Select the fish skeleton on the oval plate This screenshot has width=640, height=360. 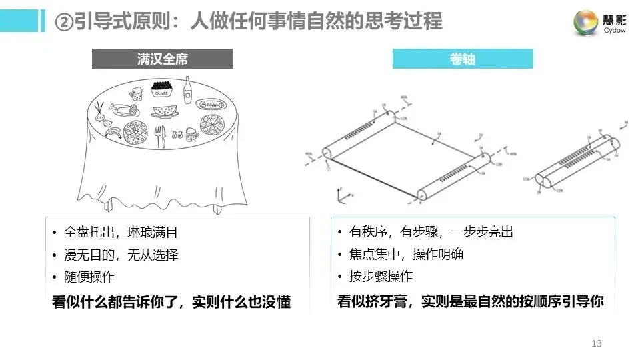click(211, 105)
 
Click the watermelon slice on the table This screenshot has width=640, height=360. click(165, 109)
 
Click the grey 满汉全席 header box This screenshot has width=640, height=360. click(162, 59)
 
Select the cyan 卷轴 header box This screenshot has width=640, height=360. click(463, 59)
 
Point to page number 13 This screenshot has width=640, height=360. click(596, 343)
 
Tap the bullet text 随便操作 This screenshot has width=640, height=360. click(89, 277)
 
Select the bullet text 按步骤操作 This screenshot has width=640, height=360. click(381, 277)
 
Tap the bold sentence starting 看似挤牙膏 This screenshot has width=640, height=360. click(471, 301)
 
